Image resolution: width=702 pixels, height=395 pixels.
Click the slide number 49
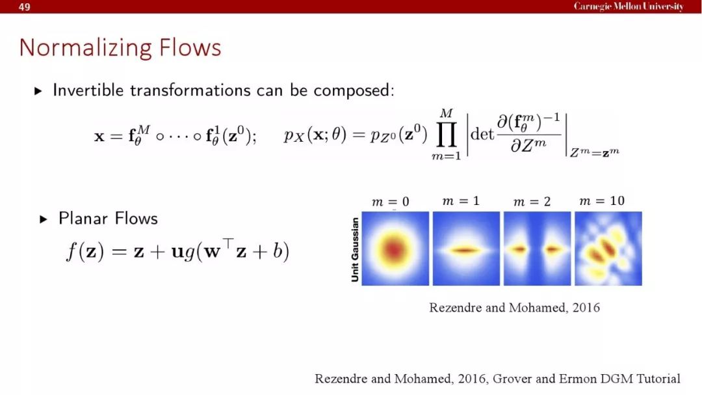pyautogui.click(x=25, y=7)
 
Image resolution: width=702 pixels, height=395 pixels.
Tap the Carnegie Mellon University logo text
pyautogui.click(x=629, y=7)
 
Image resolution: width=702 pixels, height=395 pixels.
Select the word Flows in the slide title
pyautogui.click(x=190, y=47)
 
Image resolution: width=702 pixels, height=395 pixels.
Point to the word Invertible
pyautogui.click(x=88, y=90)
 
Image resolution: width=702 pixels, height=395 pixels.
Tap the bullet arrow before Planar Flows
pyautogui.click(x=44, y=219)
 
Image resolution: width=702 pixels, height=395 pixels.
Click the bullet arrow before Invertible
pyautogui.click(x=38, y=91)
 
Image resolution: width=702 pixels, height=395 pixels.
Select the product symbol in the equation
pyautogui.click(x=447, y=135)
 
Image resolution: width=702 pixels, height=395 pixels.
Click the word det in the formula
pyautogui.click(x=482, y=134)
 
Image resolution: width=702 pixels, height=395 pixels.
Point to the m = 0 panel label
pyautogui.click(x=391, y=202)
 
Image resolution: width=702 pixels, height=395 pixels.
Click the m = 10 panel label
pyautogui.click(x=602, y=201)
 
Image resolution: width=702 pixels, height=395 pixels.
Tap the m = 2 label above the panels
pyautogui.click(x=532, y=202)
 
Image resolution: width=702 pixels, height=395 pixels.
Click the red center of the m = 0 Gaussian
pyautogui.click(x=394, y=249)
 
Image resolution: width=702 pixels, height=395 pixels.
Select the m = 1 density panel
pyautogui.click(x=466, y=249)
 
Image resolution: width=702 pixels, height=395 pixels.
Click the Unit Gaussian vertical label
pyautogui.click(x=355, y=250)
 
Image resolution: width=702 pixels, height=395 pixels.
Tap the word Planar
pyautogui.click(x=84, y=219)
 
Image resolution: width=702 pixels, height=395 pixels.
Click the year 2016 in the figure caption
pyautogui.click(x=586, y=308)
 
